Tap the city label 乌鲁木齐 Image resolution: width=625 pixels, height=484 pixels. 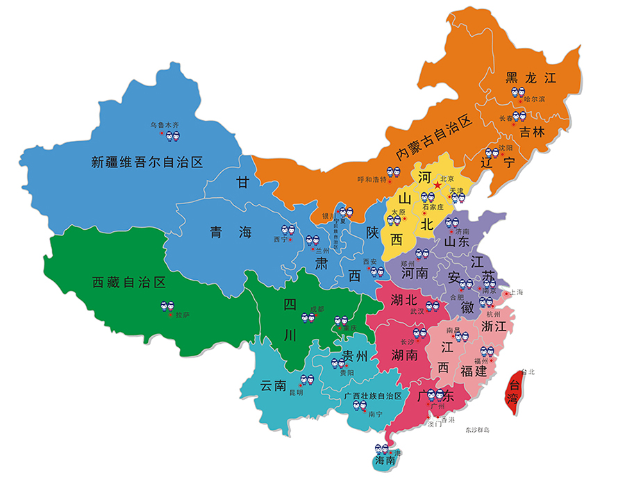pyautogui.click(x=165, y=125)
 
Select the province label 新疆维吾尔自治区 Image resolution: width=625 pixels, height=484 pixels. pyautogui.click(x=147, y=162)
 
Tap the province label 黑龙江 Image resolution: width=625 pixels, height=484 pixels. pyautogui.click(x=531, y=77)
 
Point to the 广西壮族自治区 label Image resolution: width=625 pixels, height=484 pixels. pyautogui.click(x=373, y=396)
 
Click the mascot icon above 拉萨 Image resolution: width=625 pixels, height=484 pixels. pyautogui.click(x=168, y=306)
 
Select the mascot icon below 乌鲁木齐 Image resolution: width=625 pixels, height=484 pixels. pyautogui.click(x=164, y=138)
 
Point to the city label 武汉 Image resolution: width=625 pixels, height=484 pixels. pyautogui.click(x=416, y=312)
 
